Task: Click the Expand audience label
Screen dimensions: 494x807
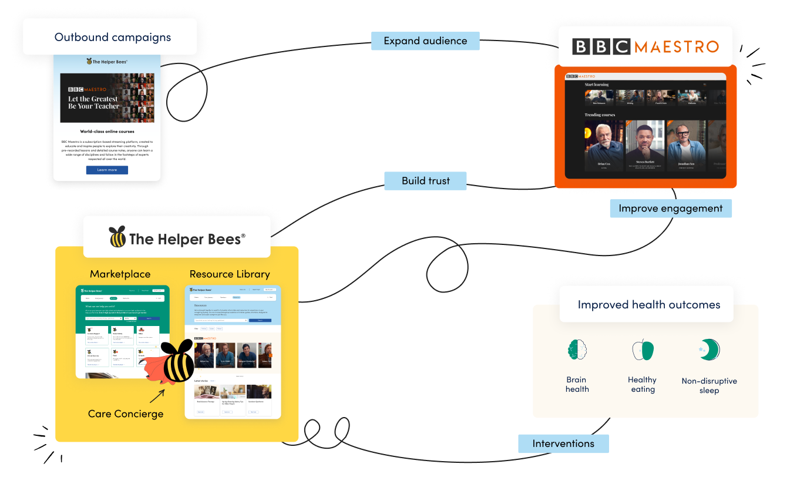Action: click(x=425, y=41)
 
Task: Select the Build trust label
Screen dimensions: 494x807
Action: click(x=425, y=181)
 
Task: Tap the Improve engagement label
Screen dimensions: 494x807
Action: click(x=670, y=209)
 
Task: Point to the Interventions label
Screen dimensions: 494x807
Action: click(x=563, y=443)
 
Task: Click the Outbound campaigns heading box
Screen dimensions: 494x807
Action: click(x=112, y=37)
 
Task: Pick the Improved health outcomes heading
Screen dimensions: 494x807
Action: click(x=648, y=305)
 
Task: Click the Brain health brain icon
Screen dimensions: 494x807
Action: click(x=577, y=350)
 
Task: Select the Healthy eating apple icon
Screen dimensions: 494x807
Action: click(x=643, y=350)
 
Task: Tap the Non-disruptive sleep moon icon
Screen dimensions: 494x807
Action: click(x=709, y=350)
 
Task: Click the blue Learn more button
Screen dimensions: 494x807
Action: click(x=107, y=170)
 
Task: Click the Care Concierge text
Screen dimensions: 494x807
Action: click(x=125, y=414)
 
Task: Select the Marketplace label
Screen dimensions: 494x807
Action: click(x=120, y=274)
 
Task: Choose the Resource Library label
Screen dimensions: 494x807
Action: click(x=230, y=274)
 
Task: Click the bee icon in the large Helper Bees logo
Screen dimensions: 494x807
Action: click(x=117, y=237)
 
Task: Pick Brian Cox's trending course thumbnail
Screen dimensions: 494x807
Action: click(x=603, y=146)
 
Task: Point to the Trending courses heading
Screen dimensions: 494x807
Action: click(x=600, y=115)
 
